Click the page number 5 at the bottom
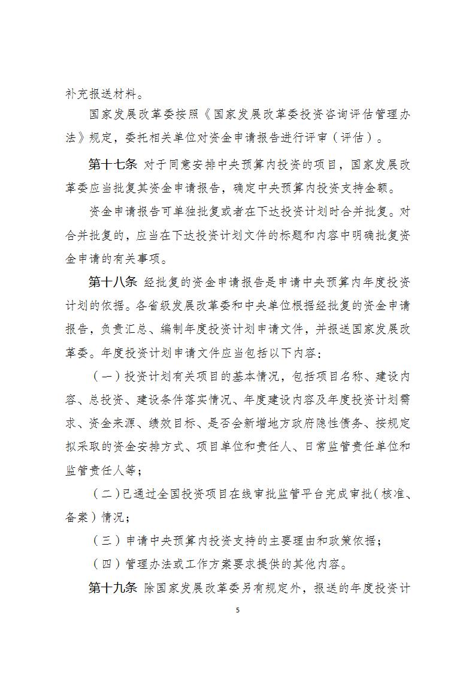pos(238,610)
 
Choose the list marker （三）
pos(105,540)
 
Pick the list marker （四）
pos(105,564)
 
